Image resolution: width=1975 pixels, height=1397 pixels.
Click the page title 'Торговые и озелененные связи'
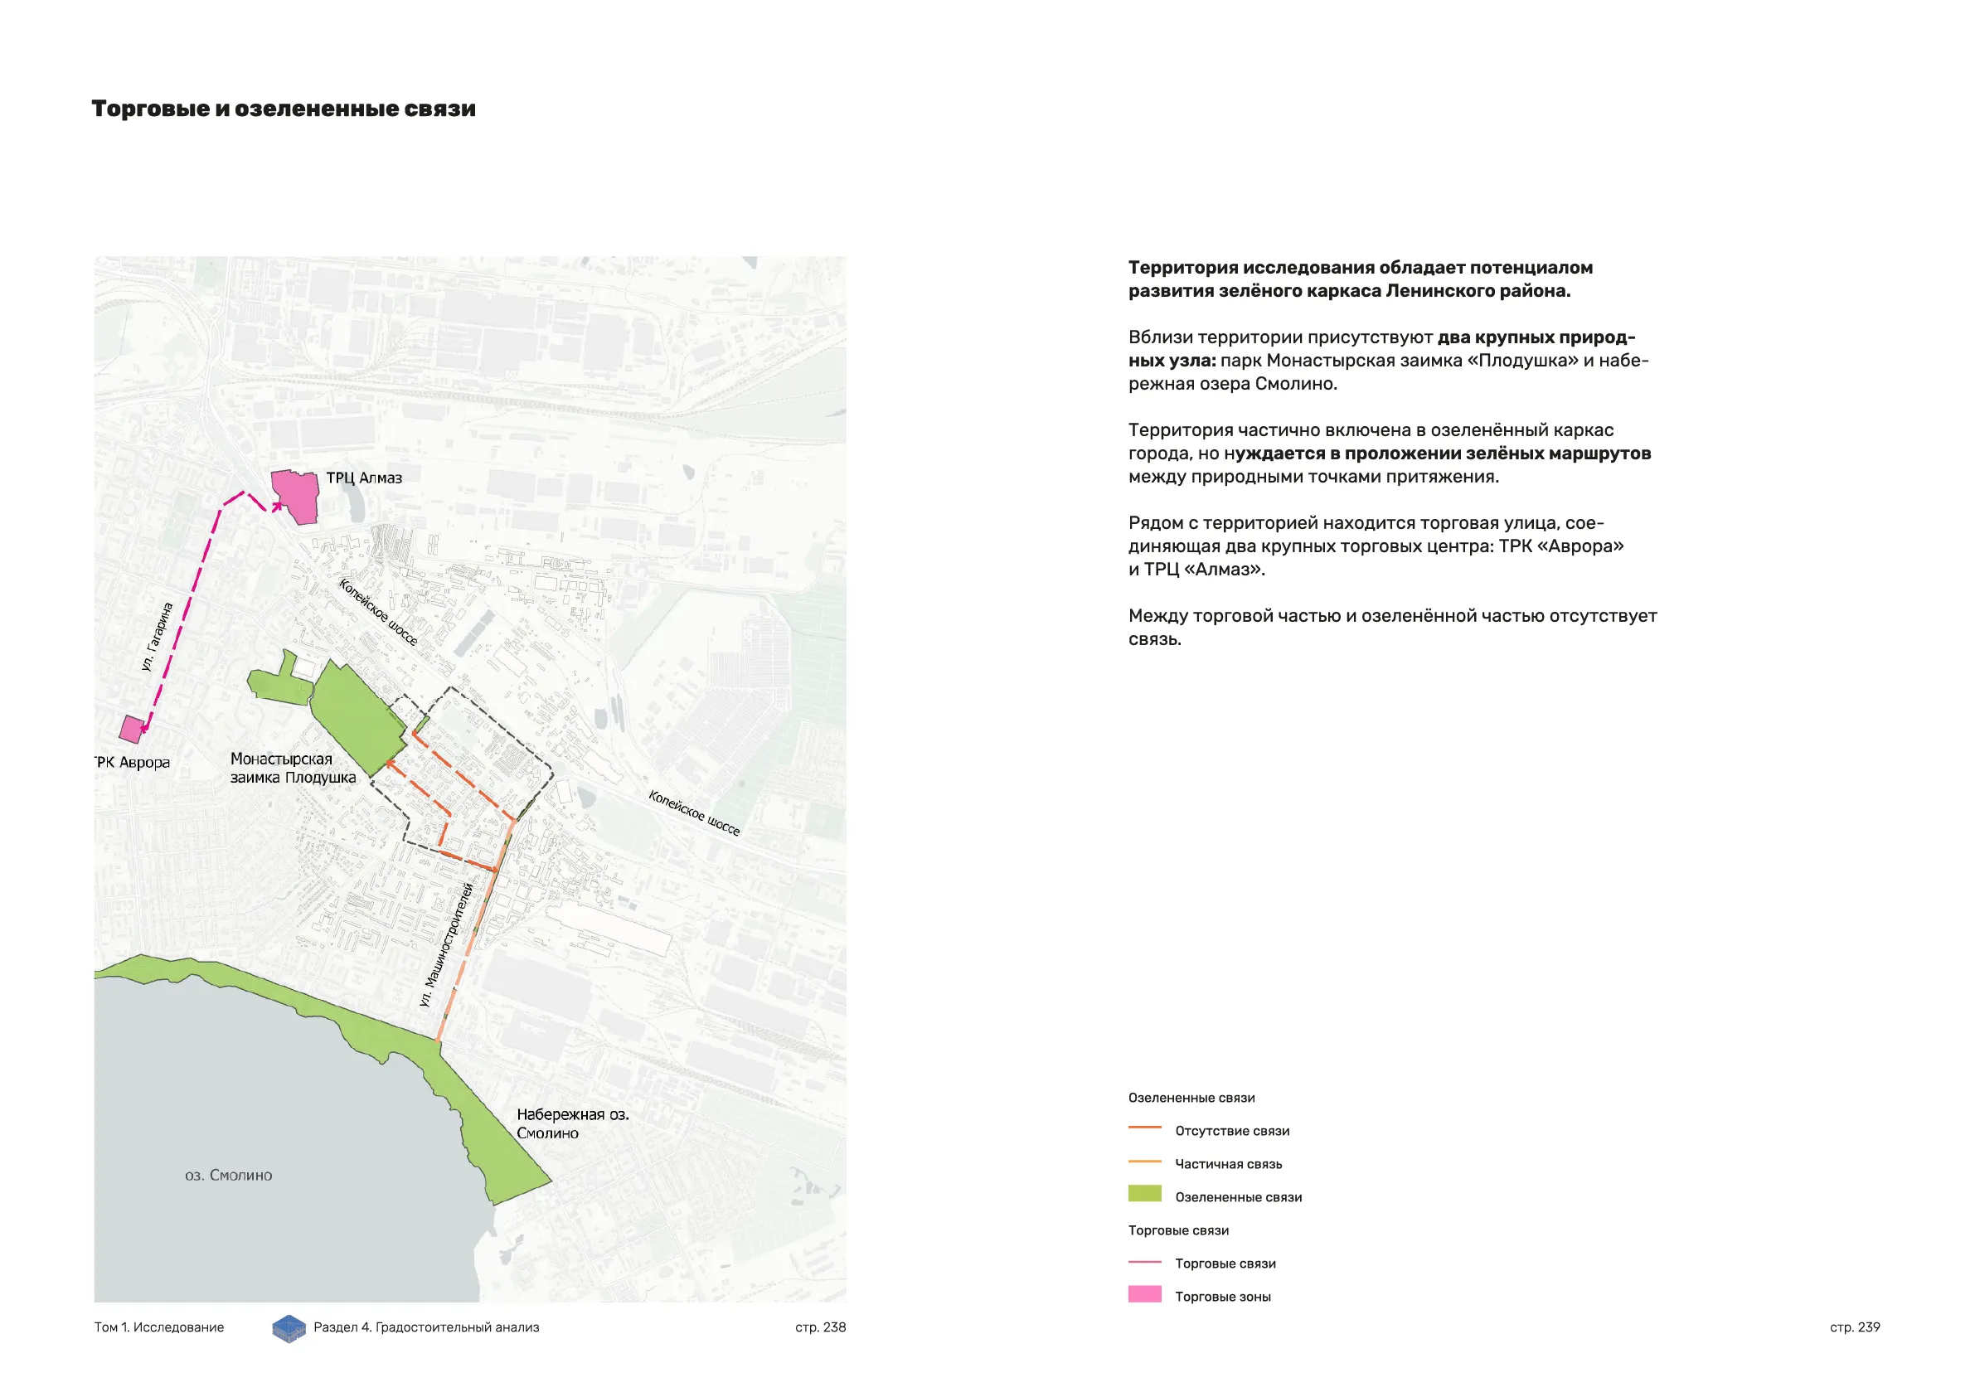pos(283,109)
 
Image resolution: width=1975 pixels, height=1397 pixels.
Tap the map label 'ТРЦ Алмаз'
pos(364,478)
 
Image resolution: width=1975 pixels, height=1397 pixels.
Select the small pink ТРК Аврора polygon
pos(132,729)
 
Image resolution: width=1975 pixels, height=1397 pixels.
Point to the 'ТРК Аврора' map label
pos(133,762)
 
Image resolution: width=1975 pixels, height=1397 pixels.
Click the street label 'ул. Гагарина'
pos(158,637)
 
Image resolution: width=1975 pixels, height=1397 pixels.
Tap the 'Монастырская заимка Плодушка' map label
pos(293,769)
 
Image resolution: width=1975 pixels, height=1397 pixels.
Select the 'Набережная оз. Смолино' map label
pos(572,1123)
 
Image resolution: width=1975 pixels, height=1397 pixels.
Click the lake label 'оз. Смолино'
pos(229,1175)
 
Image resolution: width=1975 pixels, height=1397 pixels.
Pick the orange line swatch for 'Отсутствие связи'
pos(1144,1128)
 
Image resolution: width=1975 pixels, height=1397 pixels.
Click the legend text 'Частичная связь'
pos(1228,1164)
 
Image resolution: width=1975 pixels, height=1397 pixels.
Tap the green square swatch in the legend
pos(1144,1194)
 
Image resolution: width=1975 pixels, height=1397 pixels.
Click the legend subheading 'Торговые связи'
pos(1178,1230)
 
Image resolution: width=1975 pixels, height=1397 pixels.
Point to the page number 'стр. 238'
pos(820,1327)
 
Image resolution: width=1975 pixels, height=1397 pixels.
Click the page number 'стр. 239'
pos(1855,1327)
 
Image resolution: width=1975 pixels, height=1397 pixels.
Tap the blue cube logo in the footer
pos(289,1328)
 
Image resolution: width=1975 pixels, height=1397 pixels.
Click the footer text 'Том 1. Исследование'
pos(159,1327)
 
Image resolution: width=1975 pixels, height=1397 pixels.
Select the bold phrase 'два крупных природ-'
pos(1536,337)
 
